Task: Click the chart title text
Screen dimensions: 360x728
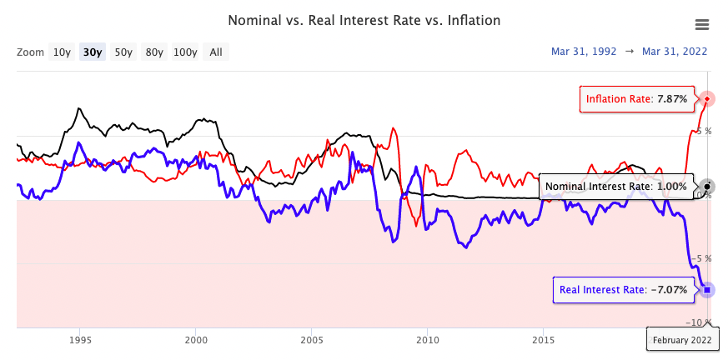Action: coord(364,19)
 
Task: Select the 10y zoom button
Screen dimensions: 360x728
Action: coord(62,52)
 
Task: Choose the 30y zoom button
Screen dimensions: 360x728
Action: coord(93,52)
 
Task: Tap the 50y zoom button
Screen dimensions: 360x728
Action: coord(123,52)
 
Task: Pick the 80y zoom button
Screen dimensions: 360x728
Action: coord(154,52)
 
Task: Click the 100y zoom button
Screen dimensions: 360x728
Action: coord(185,52)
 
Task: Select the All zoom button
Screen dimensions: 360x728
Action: coord(216,52)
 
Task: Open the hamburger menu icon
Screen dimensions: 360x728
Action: coord(701,25)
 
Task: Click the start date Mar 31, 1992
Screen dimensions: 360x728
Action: coord(584,52)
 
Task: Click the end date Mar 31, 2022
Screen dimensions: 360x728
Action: coord(674,52)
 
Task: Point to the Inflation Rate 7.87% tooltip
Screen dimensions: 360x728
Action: coord(636,99)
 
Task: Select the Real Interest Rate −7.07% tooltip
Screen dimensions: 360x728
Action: coord(624,290)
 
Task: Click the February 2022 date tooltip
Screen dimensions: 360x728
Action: coord(681,339)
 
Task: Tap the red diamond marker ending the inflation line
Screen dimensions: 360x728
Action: coord(707,99)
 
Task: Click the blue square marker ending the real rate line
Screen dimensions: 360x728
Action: coord(707,290)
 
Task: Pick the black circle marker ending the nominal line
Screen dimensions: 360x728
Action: coord(707,186)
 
